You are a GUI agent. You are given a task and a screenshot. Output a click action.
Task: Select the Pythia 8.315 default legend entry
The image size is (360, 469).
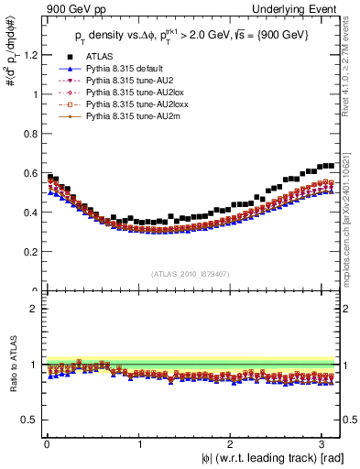pyautogui.click(x=115, y=70)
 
